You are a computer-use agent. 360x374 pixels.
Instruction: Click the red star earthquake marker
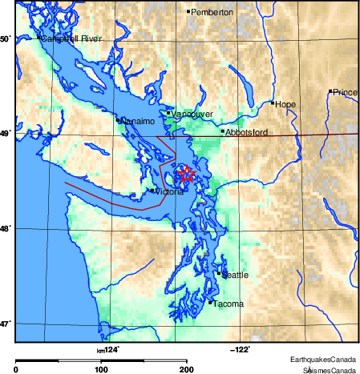pyautogui.click(x=186, y=174)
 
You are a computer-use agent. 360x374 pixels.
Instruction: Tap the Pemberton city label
pyautogui.click(x=212, y=13)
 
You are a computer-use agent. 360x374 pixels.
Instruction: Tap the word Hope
pyautogui.click(x=285, y=103)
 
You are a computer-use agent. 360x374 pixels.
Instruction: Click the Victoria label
pyautogui.click(x=169, y=191)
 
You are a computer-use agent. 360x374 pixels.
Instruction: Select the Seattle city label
pyautogui.click(x=235, y=275)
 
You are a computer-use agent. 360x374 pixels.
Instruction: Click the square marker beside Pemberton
pyautogui.click(x=188, y=12)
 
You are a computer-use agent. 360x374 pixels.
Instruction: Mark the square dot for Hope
pyautogui.click(x=273, y=103)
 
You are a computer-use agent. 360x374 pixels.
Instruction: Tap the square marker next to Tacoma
pyautogui.click(x=210, y=303)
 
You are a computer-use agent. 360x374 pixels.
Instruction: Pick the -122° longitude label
pyautogui.click(x=240, y=348)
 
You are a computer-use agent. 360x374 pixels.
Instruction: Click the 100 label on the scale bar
pyautogui.click(x=101, y=369)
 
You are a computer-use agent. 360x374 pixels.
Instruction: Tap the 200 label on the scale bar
pyautogui.click(x=186, y=369)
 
